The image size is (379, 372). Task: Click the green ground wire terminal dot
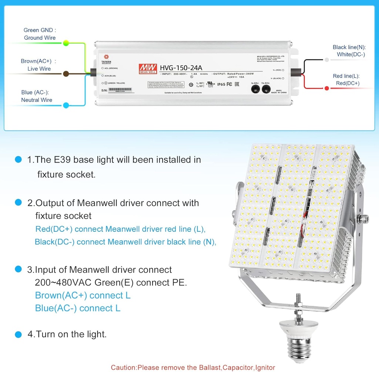pyautogui.click(x=66, y=43)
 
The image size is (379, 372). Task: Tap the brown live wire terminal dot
pyautogui.click(x=66, y=74)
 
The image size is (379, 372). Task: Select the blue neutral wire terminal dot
pyautogui.click(x=66, y=105)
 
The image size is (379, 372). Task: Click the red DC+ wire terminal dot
pyautogui.click(x=327, y=88)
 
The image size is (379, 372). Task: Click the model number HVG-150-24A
pyautogui.click(x=181, y=68)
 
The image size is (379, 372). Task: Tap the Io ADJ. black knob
pyautogui.click(x=255, y=89)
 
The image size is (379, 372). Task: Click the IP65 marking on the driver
pyautogui.click(x=221, y=84)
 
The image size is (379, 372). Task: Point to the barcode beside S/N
pyautogui.click(x=121, y=90)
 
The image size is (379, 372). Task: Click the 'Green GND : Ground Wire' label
pyautogui.click(x=40, y=34)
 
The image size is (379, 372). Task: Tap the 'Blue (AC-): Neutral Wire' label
pyautogui.click(x=36, y=96)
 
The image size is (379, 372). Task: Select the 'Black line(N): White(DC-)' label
pyautogui.click(x=349, y=51)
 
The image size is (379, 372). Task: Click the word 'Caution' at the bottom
pyautogui.click(x=124, y=368)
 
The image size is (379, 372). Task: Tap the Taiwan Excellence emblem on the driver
pyautogui.click(x=107, y=57)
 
